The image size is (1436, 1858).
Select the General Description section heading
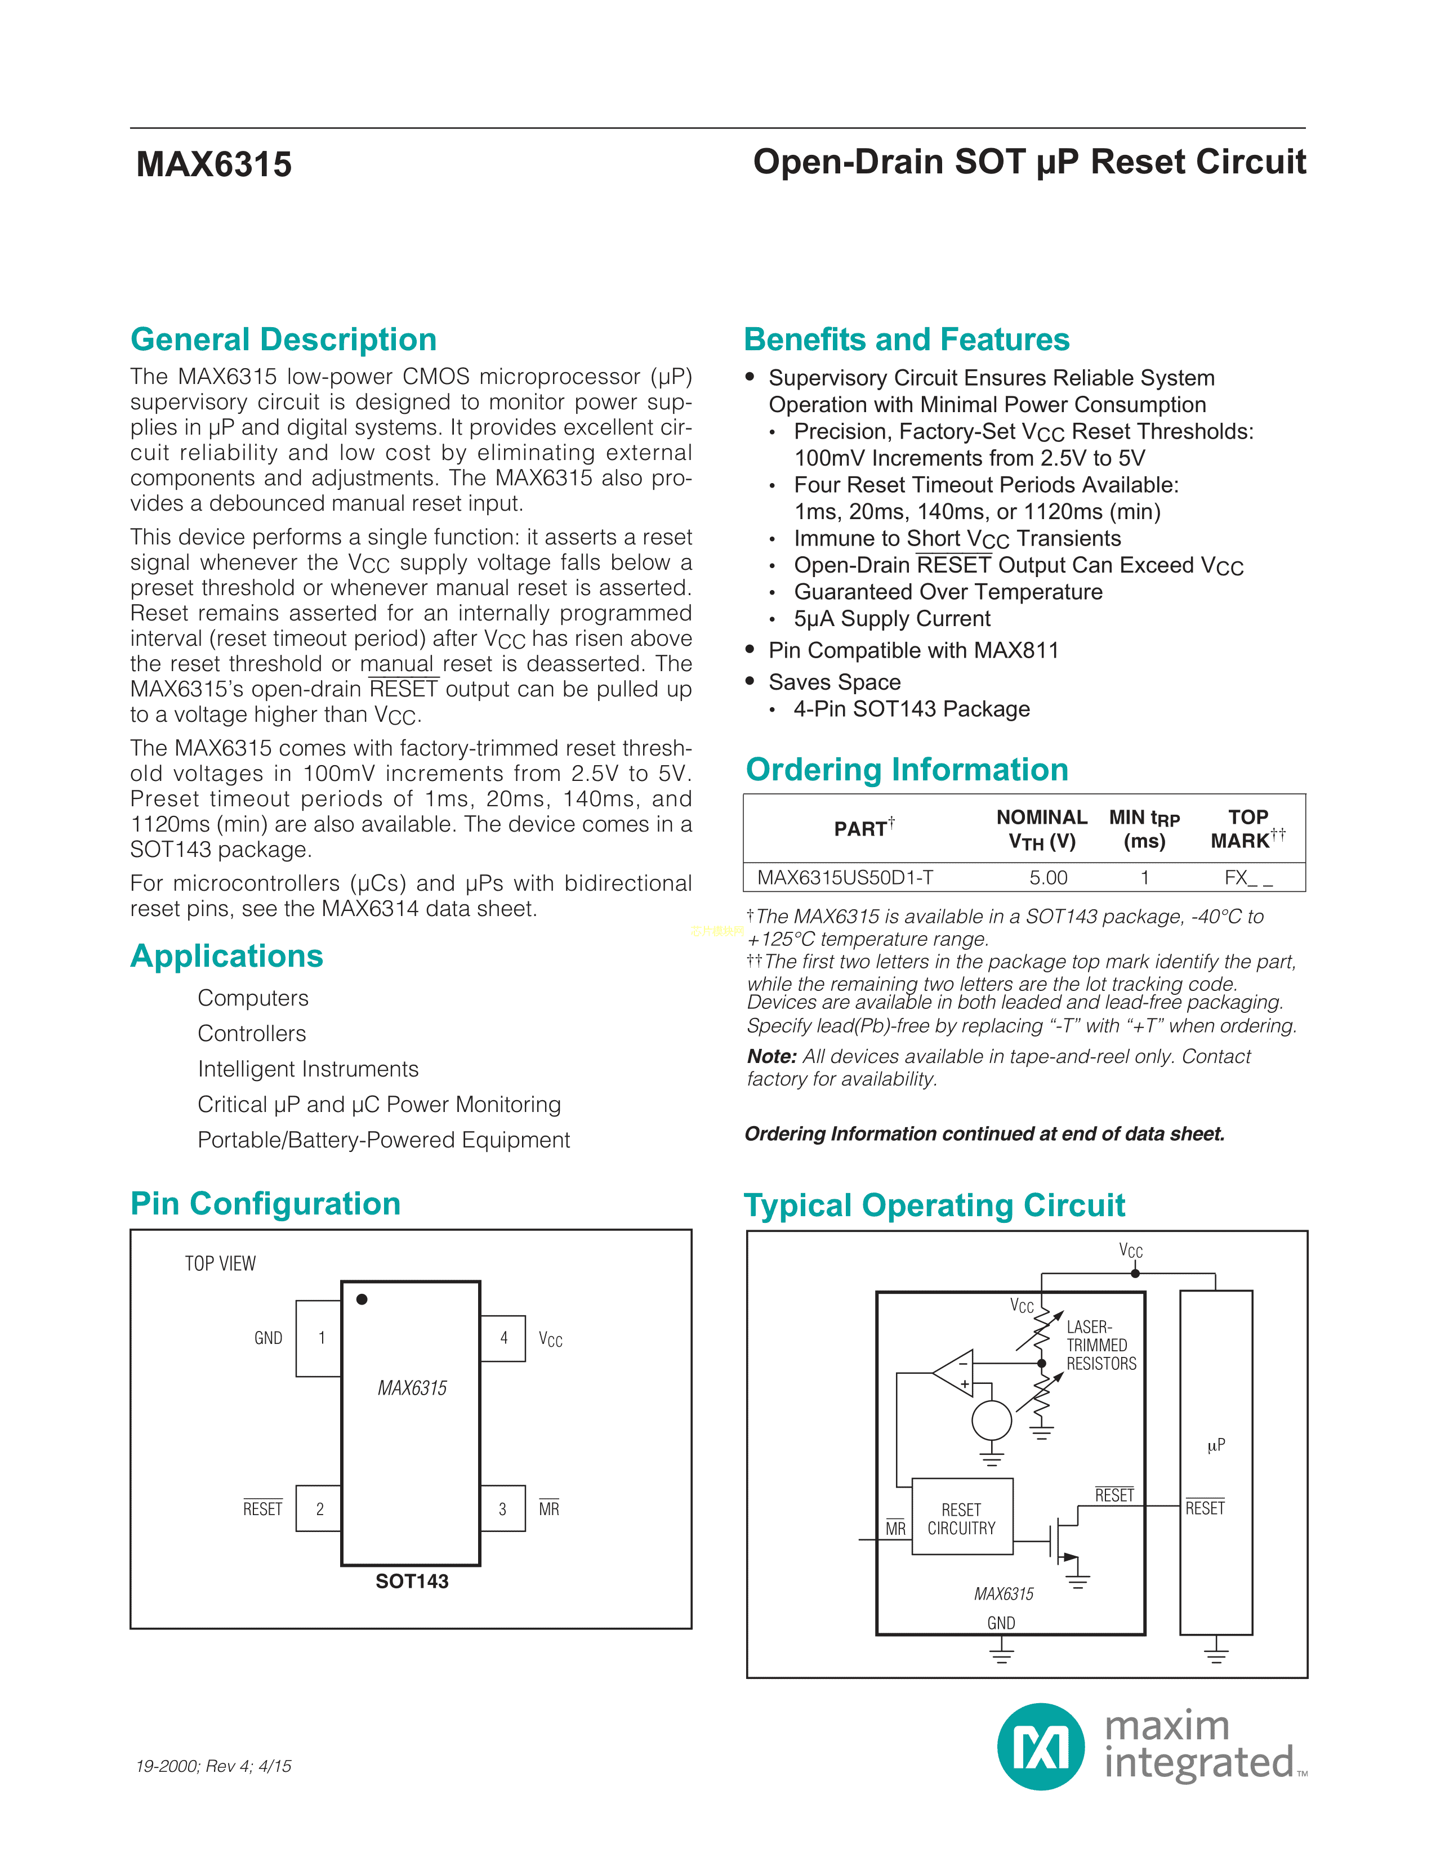[283, 340]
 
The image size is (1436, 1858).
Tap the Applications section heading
[226, 956]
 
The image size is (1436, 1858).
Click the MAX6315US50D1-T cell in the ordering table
[845, 877]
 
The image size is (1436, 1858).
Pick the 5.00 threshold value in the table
[1048, 877]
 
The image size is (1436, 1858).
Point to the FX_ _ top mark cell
[1248, 877]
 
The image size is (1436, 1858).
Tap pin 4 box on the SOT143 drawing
[503, 1338]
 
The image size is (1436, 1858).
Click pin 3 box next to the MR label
[503, 1508]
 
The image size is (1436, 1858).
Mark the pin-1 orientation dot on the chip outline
[362, 1299]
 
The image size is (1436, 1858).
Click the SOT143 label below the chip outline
[412, 1580]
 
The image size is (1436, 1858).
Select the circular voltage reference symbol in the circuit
[991, 1421]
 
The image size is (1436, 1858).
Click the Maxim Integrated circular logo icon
[1041, 1747]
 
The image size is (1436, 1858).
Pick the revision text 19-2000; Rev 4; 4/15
[213, 1766]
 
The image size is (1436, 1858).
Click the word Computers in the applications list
[253, 998]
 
